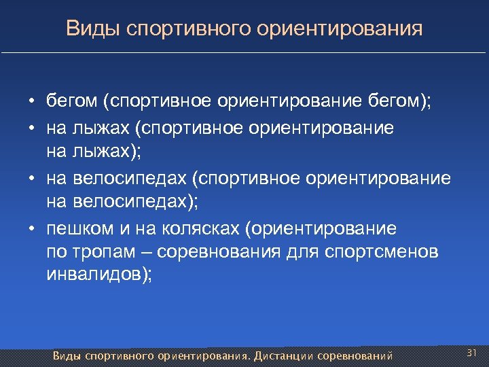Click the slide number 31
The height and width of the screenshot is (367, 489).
[473, 353]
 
